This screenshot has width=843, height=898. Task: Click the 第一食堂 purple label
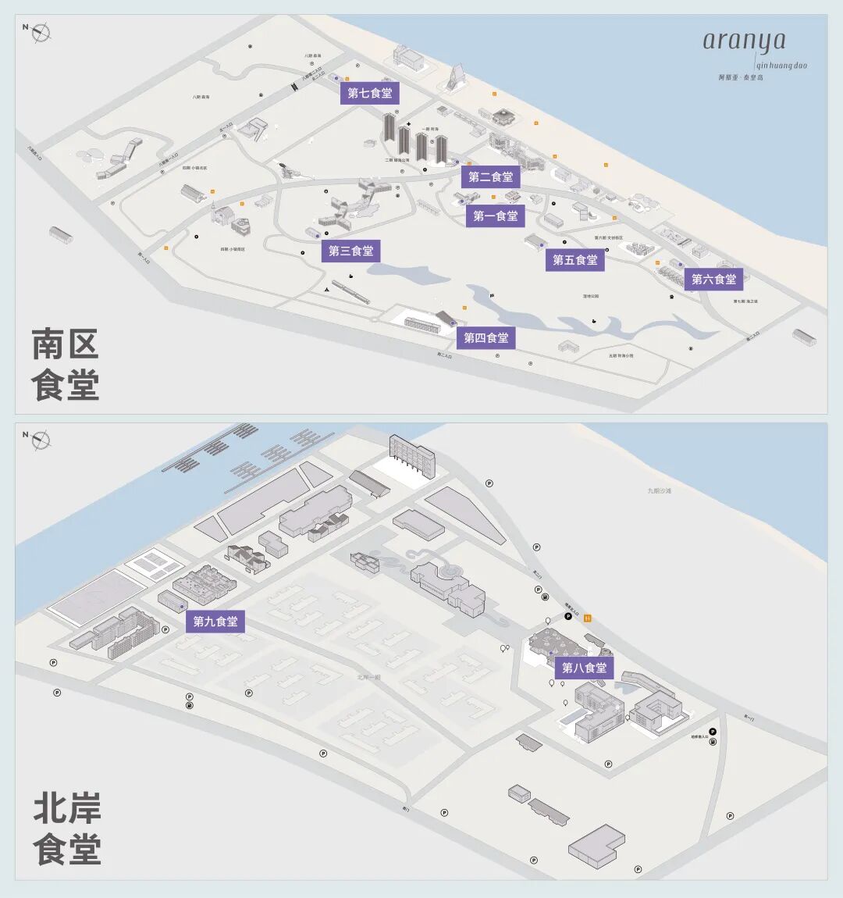click(496, 216)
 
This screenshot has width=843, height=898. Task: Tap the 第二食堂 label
click(491, 177)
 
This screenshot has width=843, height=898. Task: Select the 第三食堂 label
click(351, 251)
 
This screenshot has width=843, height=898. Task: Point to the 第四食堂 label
click(486, 338)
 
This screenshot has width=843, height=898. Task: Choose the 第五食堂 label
click(575, 260)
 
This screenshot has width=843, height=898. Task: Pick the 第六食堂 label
click(713, 279)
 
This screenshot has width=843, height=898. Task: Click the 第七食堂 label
click(370, 94)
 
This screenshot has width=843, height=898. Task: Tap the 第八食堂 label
click(585, 668)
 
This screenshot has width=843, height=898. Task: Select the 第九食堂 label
click(215, 622)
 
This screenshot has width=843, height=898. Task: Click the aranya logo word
click(744, 41)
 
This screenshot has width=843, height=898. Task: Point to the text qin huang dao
click(781, 66)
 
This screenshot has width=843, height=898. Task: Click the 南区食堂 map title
click(66, 365)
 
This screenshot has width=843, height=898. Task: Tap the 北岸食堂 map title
click(67, 829)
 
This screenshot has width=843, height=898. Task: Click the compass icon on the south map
click(40, 32)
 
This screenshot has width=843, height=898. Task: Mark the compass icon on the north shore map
click(40, 440)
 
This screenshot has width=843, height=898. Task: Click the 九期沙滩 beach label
click(659, 490)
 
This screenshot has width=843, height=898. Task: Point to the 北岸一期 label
click(368, 677)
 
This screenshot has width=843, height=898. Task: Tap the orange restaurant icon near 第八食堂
click(588, 618)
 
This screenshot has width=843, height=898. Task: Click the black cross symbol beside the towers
click(408, 124)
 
